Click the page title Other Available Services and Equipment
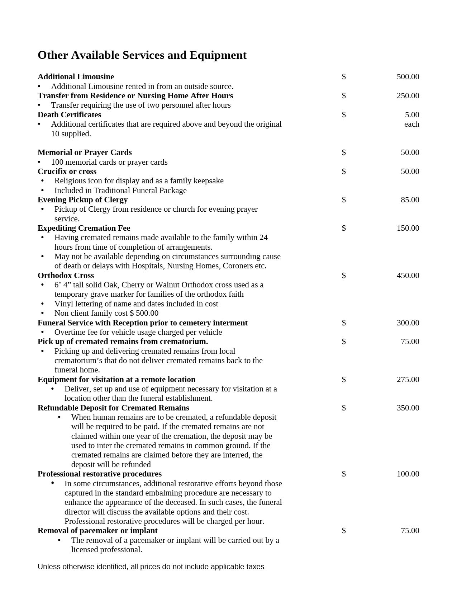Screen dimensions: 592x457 click(x=142, y=55)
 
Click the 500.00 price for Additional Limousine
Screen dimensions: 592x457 click(x=408, y=77)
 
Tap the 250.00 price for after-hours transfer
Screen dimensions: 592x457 click(x=408, y=96)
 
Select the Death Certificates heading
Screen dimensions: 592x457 click(x=69, y=115)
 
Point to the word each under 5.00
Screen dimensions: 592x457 click(x=411, y=124)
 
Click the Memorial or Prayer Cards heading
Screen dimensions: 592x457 click(x=85, y=152)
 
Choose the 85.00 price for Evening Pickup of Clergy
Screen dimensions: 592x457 click(x=410, y=200)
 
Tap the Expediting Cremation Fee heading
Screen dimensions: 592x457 click(x=84, y=228)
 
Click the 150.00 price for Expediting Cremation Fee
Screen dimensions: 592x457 click(x=408, y=228)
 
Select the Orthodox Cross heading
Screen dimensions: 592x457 click(x=66, y=276)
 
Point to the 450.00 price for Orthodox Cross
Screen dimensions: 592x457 click(x=408, y=276)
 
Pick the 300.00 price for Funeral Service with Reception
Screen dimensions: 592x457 click(x=408, y=323)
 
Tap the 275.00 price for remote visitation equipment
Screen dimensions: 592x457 click(x=408, y=380)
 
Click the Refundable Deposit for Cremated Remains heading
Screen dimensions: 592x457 click(x=113, y=408)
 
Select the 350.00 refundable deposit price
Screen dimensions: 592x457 click(x=408, y=408)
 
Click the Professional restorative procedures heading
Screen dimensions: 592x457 click(x=99, y=474)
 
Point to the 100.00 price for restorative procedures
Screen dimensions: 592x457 click(x=408, y=474)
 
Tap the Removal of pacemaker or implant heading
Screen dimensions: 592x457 click(x=97, y=531)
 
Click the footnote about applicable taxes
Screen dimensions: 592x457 click(x=151, y=567)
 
